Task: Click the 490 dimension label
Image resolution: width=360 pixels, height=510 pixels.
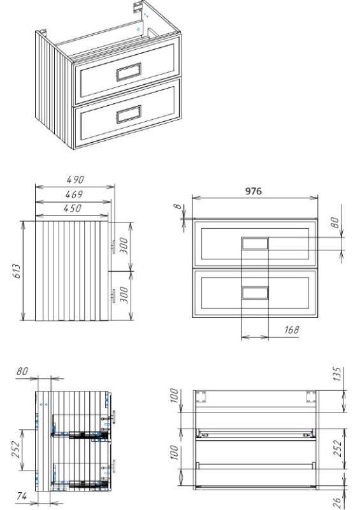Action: pyautogui.click(x=75, y=180)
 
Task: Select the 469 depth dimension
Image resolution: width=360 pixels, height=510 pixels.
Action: pyautogui.click(x=74, y=194)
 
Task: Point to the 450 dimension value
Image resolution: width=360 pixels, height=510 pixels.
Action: pyautogui.click(x=72, y=208)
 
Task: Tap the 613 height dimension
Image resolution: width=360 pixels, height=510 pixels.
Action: pyautogui.click(x=17, y=271)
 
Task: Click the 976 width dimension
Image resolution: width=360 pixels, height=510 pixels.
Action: pyautogui.click(x=253, y=191)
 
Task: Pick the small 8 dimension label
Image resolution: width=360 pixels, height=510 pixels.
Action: pyautogui.click(x=177, y=206)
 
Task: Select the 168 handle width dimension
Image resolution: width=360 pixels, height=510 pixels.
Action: pyautogui.click(x=291, y=330)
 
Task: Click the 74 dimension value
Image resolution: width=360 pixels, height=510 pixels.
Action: pyautogui.click(x=22, y=497)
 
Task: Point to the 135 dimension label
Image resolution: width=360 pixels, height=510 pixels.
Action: pyautogui.click(x=337, y=374)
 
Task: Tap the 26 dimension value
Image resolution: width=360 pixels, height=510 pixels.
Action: pyautogui.click(x=338, y=503)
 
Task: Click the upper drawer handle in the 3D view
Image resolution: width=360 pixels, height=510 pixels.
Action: pyautogui.click(x=129, y=72)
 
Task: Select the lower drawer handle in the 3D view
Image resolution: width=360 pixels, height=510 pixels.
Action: pyautogui.click(x=129, y=114)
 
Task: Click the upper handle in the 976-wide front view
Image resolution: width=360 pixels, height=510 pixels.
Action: pyautogui.click(x=255, y=244)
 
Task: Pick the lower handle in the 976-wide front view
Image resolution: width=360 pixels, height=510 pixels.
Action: pyautogui.click(x=255, y=293)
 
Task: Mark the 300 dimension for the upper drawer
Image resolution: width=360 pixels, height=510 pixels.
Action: pyautogui.click(x=124, y=246)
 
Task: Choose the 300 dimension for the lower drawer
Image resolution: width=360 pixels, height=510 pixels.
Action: pyautogui.click(x=124, y=295)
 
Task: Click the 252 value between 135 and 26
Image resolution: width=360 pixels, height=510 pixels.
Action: pyautogui.click(x=338, y=449)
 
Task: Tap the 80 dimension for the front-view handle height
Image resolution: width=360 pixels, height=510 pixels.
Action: pyautogui.click(x=335, y=222)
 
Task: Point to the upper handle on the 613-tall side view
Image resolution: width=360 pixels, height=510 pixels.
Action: pyautogui.click(x=113, y=247)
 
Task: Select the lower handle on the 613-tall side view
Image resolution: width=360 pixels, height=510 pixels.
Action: pyautogui.click(x=113, y=296)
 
